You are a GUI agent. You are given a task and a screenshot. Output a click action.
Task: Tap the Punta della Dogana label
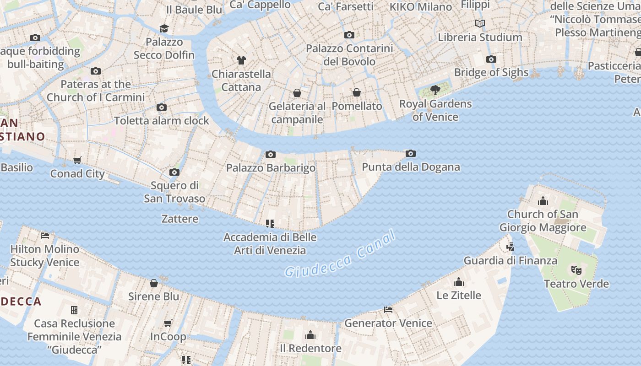[x=411, y=167]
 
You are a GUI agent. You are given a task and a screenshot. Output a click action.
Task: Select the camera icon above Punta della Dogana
[x=411, y=154]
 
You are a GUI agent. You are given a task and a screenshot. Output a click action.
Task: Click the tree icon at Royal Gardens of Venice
[x=435, y=90]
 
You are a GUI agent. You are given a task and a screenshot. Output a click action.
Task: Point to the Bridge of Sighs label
[x=491, y=72]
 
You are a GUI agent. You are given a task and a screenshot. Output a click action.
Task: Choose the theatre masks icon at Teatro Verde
[x=576, y=270]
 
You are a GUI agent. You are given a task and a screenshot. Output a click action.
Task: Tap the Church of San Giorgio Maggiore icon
[x=543, y=201]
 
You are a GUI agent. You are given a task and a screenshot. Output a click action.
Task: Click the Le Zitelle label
[x=459, y=295]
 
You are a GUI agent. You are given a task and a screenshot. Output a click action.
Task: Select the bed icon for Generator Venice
[x=388, y=310]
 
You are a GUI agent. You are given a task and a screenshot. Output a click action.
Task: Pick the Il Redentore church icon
[x=310, y=335]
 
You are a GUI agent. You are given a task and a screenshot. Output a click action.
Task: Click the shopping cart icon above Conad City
[x=77, y=161]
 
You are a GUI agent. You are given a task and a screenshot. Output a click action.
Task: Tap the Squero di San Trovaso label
[x=174, y=192]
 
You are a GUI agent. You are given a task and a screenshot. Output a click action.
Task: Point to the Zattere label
[x=180, y=219]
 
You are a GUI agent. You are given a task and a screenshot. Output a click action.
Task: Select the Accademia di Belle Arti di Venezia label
[x=270, y=244]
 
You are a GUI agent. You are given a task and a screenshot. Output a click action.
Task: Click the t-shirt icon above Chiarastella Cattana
[x=241, y=60]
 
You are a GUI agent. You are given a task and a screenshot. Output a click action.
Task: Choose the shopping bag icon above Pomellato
[x=357, y=93]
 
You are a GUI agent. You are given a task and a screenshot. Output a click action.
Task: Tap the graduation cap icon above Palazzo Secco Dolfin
[x=164, y=28]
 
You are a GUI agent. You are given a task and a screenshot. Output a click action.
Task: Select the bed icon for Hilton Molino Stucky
[x=45, y=236]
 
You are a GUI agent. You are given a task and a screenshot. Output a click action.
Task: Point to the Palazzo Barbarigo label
[x=271, y=168]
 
